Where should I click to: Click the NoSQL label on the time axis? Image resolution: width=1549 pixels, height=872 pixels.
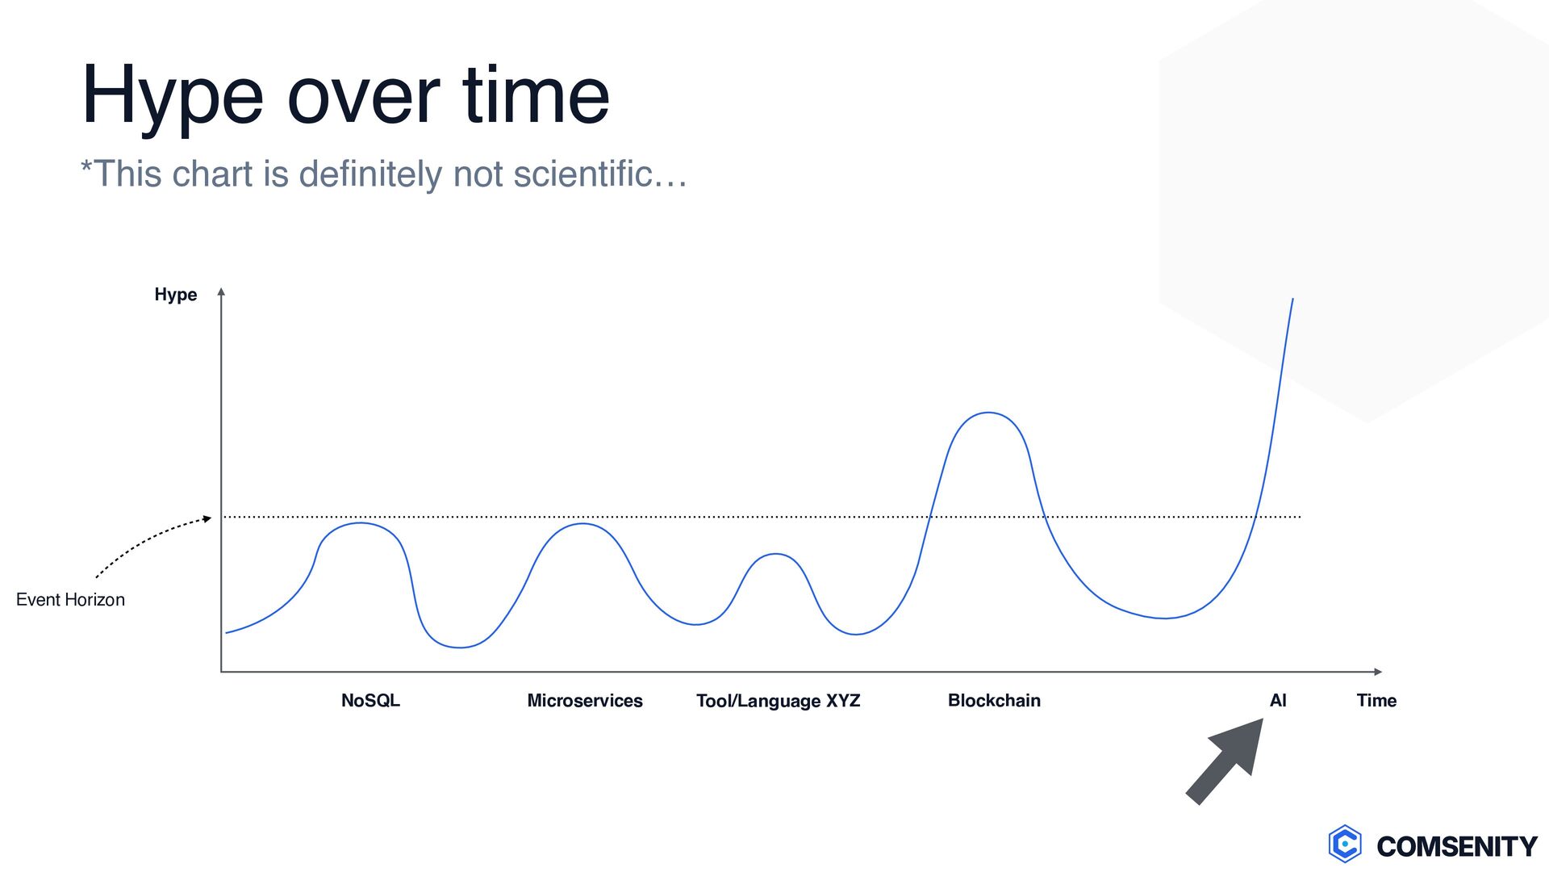(370, 701)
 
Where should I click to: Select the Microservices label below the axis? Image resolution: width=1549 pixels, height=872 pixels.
(585, 701)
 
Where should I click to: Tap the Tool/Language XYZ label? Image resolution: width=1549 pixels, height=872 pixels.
(779, 701)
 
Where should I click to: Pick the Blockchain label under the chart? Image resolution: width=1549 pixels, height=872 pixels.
(994, 701)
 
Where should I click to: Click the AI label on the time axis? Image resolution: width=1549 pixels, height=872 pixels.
(1278, 701)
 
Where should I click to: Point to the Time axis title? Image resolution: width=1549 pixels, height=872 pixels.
(1376, 701)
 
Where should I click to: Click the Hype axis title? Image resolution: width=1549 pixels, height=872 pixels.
(176, 295)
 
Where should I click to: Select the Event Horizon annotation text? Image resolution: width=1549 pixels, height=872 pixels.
(70, 600)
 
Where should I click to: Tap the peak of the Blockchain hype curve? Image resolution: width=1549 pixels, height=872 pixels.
(988, 413)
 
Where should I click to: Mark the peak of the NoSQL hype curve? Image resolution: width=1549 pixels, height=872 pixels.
(361, 523)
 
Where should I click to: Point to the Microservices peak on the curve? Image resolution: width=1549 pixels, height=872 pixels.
(582, 524)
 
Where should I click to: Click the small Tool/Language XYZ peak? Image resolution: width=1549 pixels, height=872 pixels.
(775, 554)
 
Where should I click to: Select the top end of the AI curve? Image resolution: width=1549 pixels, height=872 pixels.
(1292, 299)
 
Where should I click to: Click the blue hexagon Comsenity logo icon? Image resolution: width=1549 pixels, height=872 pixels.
(1345, 844)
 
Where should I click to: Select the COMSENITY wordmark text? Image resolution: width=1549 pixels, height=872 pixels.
(1457, 846)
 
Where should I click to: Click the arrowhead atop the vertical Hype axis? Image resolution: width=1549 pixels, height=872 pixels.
(221, 292)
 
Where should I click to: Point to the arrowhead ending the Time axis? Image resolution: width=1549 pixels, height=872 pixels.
(1378, 672)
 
